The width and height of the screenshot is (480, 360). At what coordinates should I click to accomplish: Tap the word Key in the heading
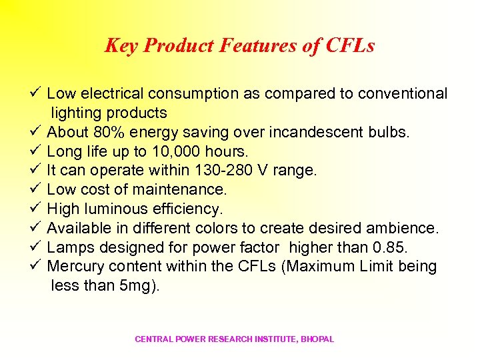click(x=121, y=45)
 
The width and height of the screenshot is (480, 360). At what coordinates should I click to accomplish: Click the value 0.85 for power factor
click(x=394, y=248)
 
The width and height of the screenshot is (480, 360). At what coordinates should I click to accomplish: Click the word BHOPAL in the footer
click(x=317, y=339)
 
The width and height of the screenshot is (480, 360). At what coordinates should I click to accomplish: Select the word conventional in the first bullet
click(x=402, y=93)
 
